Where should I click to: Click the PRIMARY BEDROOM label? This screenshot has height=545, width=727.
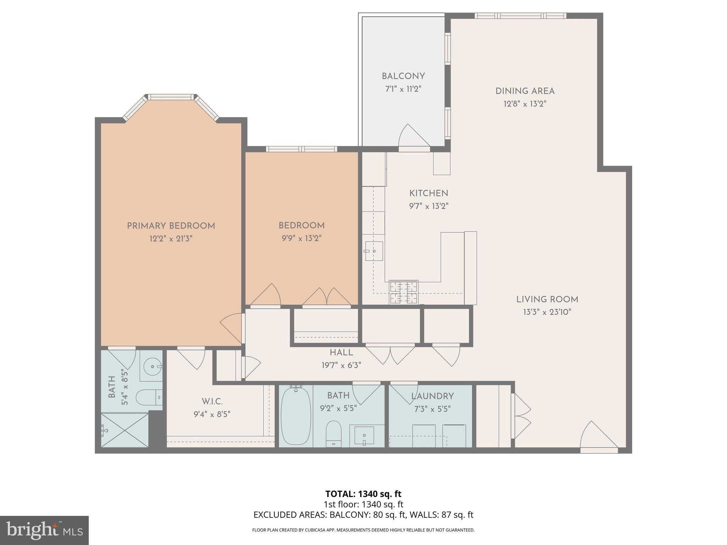pos(171,226)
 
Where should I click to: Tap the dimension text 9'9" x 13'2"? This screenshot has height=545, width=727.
pos(301,238)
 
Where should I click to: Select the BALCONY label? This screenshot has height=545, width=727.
pos(403,76)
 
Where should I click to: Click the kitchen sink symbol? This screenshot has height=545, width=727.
pos(374,251)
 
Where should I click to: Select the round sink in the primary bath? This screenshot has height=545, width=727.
pos(152,366)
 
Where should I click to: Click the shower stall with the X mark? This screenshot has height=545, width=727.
pos(125,430)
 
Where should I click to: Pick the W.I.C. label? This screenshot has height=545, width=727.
pos(212,402)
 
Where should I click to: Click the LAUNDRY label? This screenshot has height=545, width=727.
pos(432,396)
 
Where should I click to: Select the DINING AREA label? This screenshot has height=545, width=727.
pos(525,91)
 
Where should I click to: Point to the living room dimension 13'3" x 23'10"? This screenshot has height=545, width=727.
pos(547,312)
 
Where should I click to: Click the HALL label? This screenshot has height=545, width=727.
pos(341,353)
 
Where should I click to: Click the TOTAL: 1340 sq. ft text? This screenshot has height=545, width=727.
pos(363,494)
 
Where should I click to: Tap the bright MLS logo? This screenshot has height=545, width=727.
pos(44,530)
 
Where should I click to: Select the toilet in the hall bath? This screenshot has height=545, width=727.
pos(333,434)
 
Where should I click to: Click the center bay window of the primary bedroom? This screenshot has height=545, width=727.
pos(171,97)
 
